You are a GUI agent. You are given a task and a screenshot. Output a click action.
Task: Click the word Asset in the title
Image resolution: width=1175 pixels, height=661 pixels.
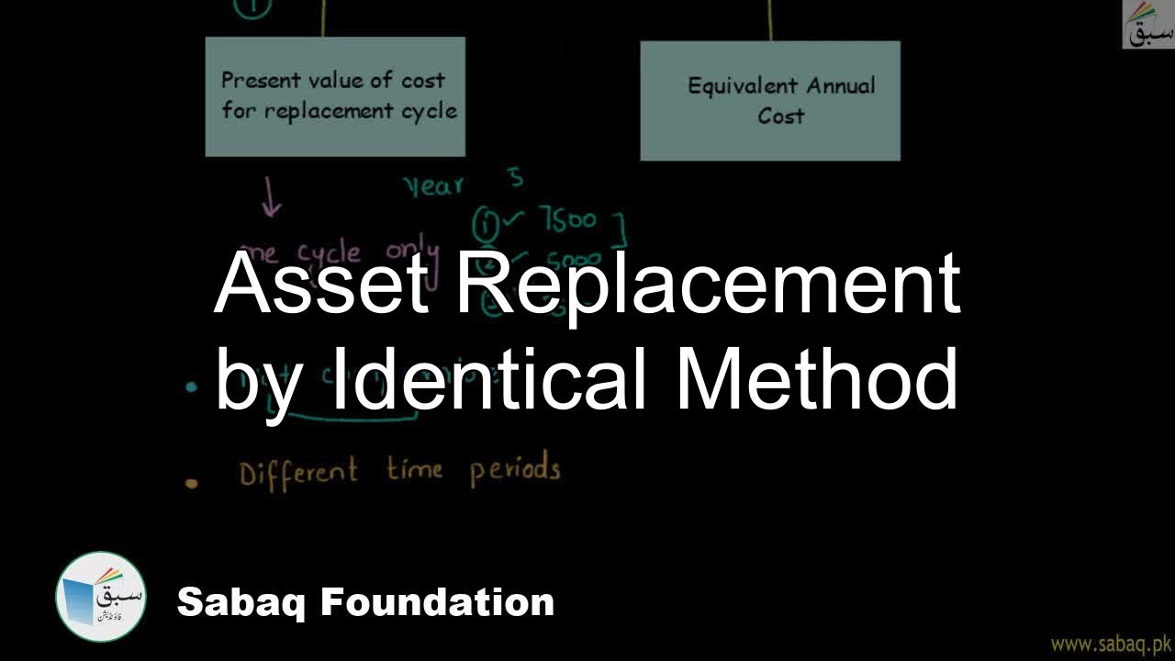click(321, 283)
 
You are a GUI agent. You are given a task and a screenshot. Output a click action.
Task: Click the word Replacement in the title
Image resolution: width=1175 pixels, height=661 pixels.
click(708, 283)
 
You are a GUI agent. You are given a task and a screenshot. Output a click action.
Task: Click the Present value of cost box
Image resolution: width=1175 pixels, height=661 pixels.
click(335, 96)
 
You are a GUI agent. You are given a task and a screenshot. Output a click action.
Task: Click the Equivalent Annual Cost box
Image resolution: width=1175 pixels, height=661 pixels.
click(769, 101)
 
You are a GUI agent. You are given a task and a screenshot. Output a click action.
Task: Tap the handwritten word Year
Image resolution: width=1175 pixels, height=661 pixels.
click(434, 186)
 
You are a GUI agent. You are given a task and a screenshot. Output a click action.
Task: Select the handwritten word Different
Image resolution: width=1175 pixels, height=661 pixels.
click(297, 473)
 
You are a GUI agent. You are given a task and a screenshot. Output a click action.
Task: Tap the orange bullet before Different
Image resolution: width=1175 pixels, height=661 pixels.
click(192, 483)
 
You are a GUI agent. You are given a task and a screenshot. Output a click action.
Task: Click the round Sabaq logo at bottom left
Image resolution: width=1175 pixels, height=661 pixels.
click(100, 597)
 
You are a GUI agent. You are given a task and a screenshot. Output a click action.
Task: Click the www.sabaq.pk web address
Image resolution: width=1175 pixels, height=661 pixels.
click(1110, 643)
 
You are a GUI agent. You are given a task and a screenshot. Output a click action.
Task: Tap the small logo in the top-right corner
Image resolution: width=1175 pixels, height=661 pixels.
click(1147, 25)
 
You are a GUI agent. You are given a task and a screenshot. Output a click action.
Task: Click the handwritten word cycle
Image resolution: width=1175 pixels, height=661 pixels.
click(329, 253)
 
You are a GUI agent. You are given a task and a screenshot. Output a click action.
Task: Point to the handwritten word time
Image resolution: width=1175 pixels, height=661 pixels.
click(414, 470)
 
